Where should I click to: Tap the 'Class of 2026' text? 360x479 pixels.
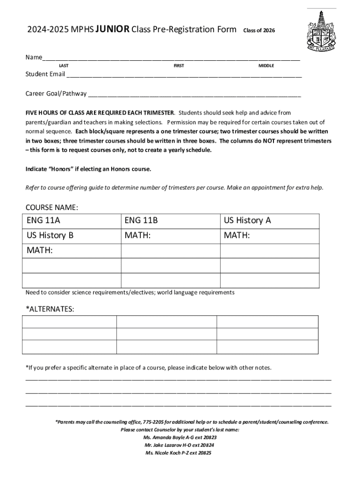[259, 31]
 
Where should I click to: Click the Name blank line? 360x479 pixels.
[171, 58]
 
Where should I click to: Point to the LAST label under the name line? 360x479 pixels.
[64, 66]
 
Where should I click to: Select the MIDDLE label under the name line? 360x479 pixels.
[266, 66]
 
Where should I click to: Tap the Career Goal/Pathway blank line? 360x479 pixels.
[194, 94]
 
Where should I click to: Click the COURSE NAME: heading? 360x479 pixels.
[51, 207]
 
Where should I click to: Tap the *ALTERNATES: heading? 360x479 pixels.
[49, 310]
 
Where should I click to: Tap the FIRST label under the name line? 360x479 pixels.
[179, 66]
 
